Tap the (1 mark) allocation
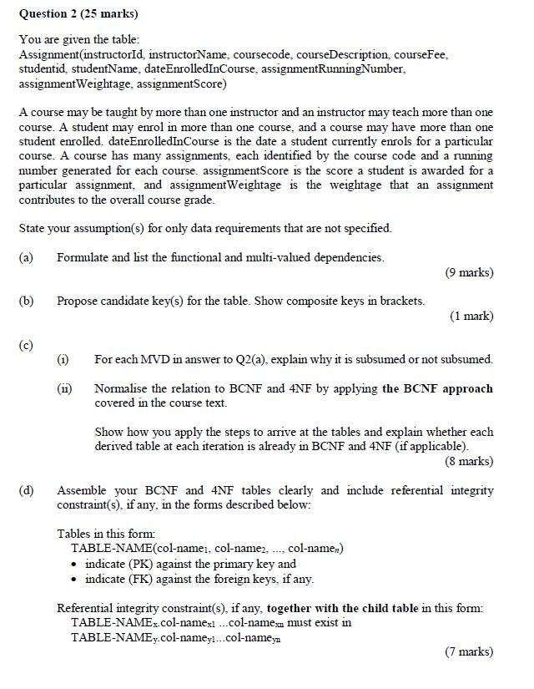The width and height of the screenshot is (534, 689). (x=471, y=316)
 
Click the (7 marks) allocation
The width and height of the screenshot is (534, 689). (x=469, y=652)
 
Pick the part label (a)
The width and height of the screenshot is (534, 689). (x=26, y=257)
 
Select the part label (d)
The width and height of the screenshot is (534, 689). (x=26, y=490)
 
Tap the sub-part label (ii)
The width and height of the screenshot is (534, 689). (x=64, y=388)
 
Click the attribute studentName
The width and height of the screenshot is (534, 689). (x=103, y=69)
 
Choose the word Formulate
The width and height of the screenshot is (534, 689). (x=83, y=257)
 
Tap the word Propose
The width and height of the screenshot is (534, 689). (x=78, y=301)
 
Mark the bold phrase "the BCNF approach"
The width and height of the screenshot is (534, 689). (x=437, y=388)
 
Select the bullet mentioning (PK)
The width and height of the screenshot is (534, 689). (x=190, y=564)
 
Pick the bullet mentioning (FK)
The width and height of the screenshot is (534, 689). (x=199, y=579)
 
